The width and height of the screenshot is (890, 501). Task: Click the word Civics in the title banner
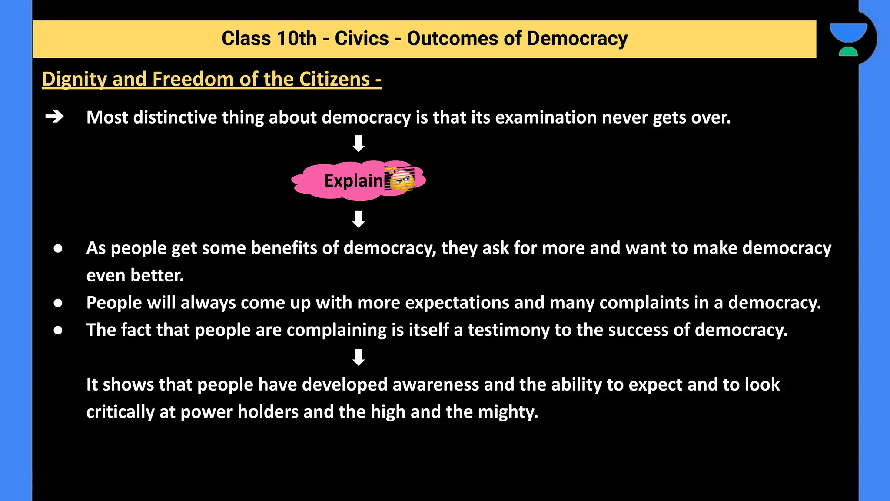pos(362,39)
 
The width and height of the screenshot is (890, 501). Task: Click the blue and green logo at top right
pos(848,39)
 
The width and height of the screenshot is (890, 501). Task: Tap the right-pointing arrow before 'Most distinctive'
pos(55,117)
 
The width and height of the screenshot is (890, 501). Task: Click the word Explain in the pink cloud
pos(353,181)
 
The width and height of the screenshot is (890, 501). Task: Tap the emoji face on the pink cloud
pos(401,180)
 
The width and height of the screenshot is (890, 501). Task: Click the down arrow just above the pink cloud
pos(359,143)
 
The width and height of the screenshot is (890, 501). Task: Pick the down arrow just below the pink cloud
pos(359,219)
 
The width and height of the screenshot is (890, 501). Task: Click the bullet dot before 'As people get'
pos(58,248)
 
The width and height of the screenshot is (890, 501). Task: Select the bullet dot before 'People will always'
pos(58,303)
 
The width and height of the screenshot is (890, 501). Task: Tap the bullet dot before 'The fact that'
pos(58,330)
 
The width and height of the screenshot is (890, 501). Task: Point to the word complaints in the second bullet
pos(644,303)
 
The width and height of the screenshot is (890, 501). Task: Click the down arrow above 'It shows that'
pos(359,357)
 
